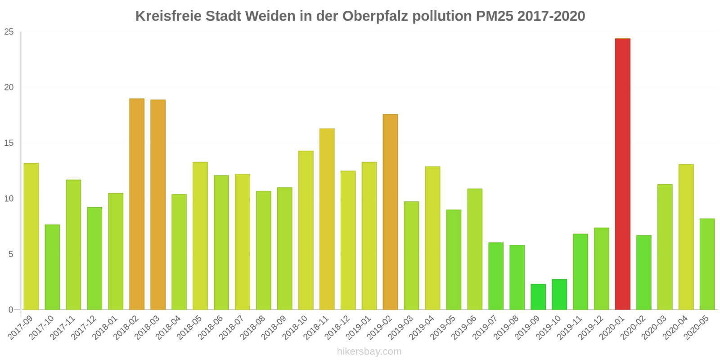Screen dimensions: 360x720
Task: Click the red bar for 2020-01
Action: click(x=622, y=174)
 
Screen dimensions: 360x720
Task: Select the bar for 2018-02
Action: click(x=137, y=204)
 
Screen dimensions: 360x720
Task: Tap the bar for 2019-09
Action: click(x=538, y=297)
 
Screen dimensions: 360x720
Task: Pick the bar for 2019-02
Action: click(x=390, y=212)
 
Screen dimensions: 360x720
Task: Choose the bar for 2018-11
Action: click(x=327, y=219)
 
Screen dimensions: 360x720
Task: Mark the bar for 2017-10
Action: click(x=52, y=267)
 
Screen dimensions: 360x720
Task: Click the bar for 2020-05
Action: click(x=707, y=264)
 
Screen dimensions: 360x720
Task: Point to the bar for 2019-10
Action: click(x=559, y=294)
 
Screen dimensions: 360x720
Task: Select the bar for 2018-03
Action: click(x=158, y=205)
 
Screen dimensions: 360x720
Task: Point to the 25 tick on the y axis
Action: click(x=9, y=32)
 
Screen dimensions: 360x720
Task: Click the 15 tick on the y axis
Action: click(x=9, y=143)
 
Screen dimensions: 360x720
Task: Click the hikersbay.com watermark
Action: click(x=369, y=351)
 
